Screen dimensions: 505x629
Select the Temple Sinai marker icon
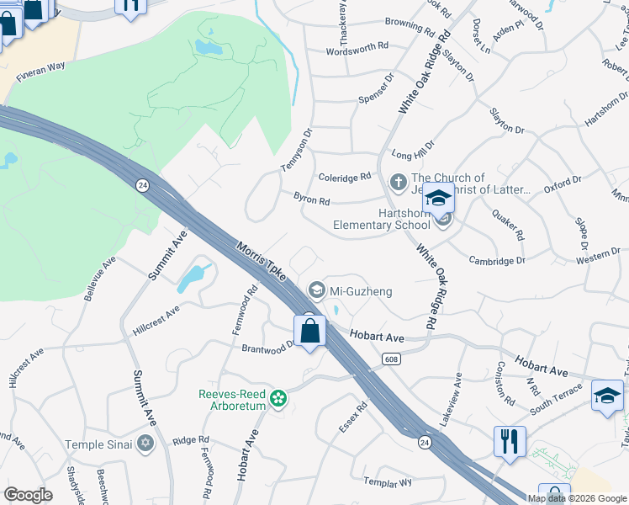click(x=145, y=443)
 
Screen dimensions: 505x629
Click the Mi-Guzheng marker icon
click(x=317, y=291)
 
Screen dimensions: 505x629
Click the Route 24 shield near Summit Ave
click(x=144, y=185)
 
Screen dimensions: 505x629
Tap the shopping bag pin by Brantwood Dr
click(x=310, y=332)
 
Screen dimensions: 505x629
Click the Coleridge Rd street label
click(x=345, y=177)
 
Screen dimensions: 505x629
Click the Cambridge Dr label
click(x=497, y=261)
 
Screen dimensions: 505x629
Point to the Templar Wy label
click(x=388, y=482)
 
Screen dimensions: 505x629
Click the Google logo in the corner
click(x=29, y=495)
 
